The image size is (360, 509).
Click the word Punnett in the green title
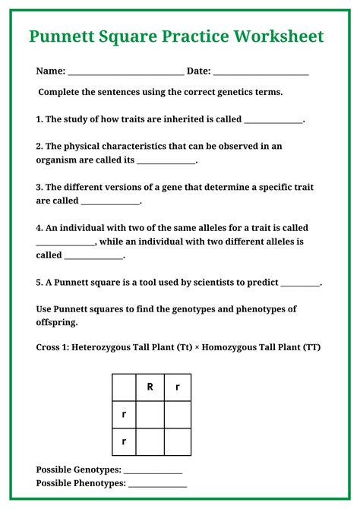click(x=63, y=36)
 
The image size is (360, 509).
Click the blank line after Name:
click(x=126, y=71)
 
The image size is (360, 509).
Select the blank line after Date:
click(x=261, y=71)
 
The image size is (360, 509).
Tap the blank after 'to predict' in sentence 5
click(x=301, y=283)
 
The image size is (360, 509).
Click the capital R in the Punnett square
click(x=150, y=387)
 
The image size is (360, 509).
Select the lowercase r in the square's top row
click(x=178, y=387)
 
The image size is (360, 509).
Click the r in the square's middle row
click(x=124, y=414)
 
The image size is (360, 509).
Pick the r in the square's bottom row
click(x=124, y=441)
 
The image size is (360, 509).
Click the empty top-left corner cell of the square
click(x=124, y=387)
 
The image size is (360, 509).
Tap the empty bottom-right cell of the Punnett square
click(x=178, y=441)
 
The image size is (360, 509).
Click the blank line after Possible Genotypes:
click(x=153, y=469)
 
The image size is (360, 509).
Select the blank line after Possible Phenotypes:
click(x=157, y=483)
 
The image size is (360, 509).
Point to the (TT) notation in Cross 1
click(x=311, y=347)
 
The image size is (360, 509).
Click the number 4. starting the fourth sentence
click(x=39, y=228)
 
